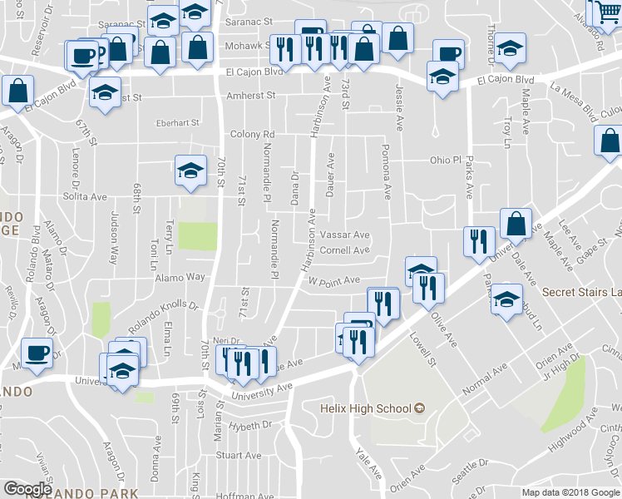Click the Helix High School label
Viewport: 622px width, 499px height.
click(x=366, y=408)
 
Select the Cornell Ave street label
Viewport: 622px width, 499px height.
click(x=344, y=250)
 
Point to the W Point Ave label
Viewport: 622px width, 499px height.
click(x=333, y=281)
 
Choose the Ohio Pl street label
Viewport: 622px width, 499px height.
click(x=445, y=160)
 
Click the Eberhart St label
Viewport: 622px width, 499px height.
click(x=180, y=123)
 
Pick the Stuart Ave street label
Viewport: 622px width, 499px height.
click(x=239, y=455)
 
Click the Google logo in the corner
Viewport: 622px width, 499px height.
click(x=27, y=488)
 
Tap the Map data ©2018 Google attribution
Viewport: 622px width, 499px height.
click(x=570, y=492)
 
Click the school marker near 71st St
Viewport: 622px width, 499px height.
click(x=190, y=171)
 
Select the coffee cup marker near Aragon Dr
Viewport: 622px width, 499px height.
click(x=37, y=352)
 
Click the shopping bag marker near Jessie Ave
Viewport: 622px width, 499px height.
click(x=398, y=38)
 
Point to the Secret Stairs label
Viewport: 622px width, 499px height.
click(x=581, y=292)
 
